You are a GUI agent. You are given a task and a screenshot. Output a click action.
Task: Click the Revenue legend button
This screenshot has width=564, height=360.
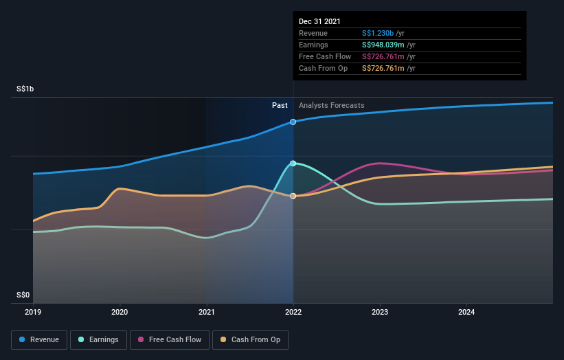pyautogui.click(x=39, y=339)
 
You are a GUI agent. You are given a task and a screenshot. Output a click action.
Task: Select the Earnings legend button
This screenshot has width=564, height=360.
pyautogui.click(x=99, y=339)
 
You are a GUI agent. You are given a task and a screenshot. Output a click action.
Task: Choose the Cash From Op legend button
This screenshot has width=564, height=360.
pyautogui.click(x=251, y=339)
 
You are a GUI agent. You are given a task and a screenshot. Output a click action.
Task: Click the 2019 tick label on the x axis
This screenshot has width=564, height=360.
pyautogui.click(x=33, y=313)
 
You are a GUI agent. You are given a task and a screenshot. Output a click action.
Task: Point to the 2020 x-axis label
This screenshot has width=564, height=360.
pyautogui.click(x=120, y=313)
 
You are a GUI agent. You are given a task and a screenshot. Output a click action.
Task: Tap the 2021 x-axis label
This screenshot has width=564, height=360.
pyautogui.click(x=206, y=313)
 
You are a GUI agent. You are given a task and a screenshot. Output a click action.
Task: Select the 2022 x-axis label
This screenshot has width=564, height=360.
pyautogui.click(x=293, y=313)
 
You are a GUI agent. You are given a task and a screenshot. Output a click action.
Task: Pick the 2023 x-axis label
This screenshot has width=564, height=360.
pyautogui.click(x=380, y=313)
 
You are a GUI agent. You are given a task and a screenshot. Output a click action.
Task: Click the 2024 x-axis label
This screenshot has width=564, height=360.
pyautogui.click(x=466, y=313)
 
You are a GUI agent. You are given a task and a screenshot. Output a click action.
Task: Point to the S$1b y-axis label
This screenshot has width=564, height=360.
pyautogui.click(x=25, y=89)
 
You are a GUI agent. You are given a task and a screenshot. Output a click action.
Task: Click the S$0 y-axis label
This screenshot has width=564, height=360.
pyautogui.click(x=23, y=295)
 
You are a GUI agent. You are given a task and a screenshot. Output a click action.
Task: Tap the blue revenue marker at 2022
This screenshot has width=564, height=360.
pyautogui.click(x=293, y=122)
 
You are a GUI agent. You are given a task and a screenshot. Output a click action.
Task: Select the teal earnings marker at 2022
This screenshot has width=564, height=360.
pyautogui.click(x=293, y=164)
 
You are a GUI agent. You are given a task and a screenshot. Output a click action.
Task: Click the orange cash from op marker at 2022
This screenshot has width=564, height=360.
pyautogui.click(x=293, y=196)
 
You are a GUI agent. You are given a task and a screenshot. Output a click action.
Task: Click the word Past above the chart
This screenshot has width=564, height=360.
pyautogui.click(x=280, y=105)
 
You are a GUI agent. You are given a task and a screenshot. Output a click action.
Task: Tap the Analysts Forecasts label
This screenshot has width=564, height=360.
pyautogui.click(x=332, y=105)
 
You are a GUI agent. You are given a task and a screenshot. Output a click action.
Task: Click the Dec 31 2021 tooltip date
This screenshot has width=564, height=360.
pyautogui.click(x=319, y=22)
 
